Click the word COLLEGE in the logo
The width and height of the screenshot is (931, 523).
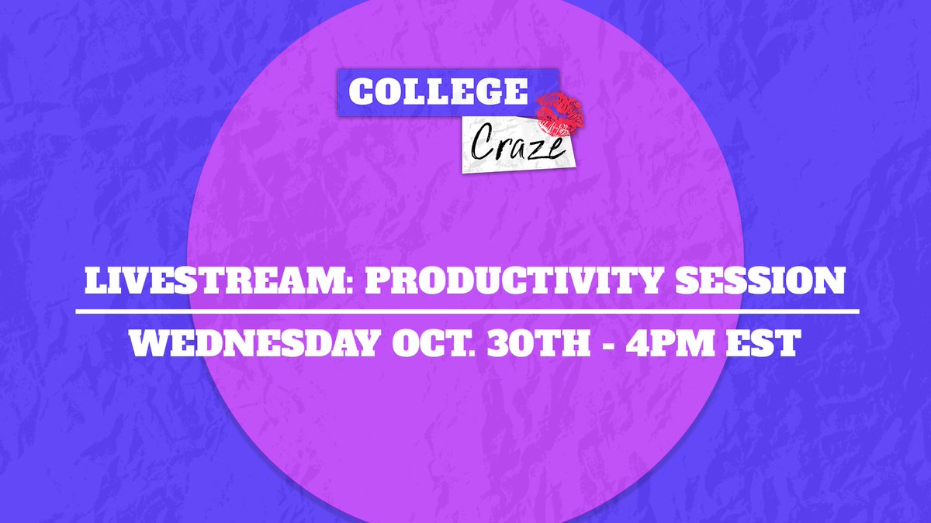click(437, 91)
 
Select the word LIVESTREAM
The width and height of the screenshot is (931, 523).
click(204, 282)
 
